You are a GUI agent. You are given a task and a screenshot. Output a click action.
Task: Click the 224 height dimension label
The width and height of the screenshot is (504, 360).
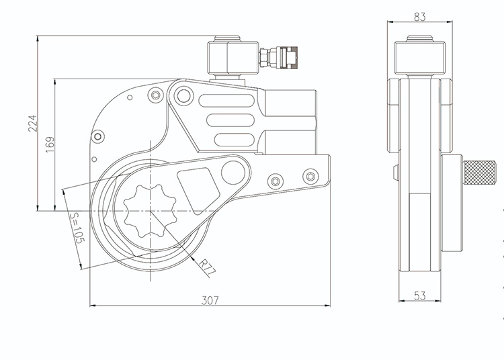pyautogui.click(x=33, y=124)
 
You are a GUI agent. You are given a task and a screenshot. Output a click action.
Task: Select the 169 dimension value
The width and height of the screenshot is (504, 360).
pyautogui.click(x=50, y=144)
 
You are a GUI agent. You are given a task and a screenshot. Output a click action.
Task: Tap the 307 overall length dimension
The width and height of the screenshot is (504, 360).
pyautogui.click(x=210, y=300)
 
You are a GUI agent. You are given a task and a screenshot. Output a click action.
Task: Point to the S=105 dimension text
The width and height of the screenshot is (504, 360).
pyautogui.click(x=77, y=228)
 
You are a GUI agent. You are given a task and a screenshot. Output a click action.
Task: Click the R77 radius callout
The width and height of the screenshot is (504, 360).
pyautogui.click(x=206, y=267)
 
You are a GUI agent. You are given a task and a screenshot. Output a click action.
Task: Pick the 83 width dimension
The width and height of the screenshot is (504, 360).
pyautogui.click(x=419, y=17)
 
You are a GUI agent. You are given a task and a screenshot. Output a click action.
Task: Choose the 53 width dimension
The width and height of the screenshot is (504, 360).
pyautogui.click(x=419, y=296)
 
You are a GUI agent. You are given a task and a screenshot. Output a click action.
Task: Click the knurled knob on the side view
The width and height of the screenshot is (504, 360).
pyautogui.click(x=479, y=173)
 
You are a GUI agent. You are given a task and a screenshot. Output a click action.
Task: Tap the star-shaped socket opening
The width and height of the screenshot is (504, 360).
pyautogui.click(x=150, y=211)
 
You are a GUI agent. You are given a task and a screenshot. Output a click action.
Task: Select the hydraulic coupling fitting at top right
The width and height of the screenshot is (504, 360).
pyautogui.click(x=278, y=58)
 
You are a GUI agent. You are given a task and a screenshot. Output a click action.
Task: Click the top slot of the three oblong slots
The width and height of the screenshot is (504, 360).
pyautogui.click(x=226, y=101)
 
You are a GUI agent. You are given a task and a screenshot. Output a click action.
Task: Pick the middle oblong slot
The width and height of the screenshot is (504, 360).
pyautogui.click(x=230, y=121)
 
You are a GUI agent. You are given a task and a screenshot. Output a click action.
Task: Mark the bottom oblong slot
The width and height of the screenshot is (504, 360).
pyautogui.click(x=235, y=140)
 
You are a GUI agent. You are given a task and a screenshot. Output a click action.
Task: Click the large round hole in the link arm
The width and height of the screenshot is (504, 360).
pyautogui.click(x=233, y=173)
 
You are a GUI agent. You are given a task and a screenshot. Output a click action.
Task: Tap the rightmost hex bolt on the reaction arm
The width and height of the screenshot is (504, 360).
pyautogui.click(x=310, y=177)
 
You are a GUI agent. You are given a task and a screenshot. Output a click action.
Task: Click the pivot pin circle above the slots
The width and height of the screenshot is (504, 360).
pyautogui.click(x=183, y=95)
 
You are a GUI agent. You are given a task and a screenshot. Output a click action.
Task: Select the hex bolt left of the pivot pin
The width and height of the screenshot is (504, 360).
pyautogui.click(x=156, y=95)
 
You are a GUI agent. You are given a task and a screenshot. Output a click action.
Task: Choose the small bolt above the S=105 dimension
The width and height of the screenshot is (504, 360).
pyautogui.click(x=97, y=137)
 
